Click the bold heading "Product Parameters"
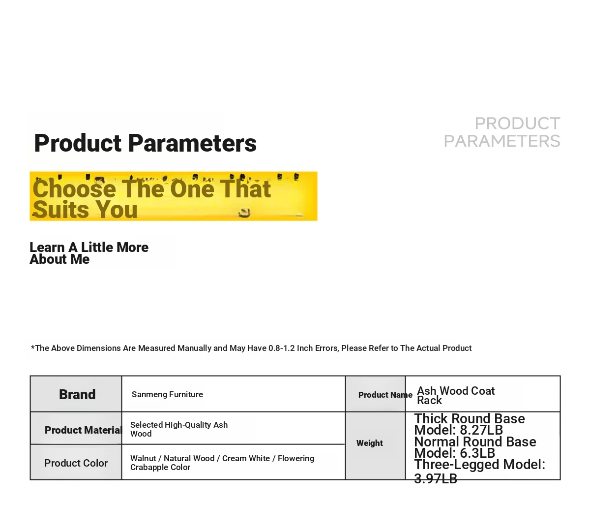point(146,143)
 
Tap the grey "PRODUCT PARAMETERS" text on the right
point(502,132)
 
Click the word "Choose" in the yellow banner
point(75,189)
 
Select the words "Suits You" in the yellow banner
point(85,210)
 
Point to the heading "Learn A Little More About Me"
point(89,253)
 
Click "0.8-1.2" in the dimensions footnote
point(281,348)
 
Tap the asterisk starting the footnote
point(32,347)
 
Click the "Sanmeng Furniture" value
point(167,394)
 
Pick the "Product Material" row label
point(84,430)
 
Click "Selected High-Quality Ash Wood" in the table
point(179,429)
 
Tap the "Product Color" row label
point(76,463)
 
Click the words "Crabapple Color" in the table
point(160,467)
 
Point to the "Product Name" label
point(385,395)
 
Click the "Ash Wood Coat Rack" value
point(456,396)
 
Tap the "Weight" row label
point(370,443)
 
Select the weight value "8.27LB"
point(481,430)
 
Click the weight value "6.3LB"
point(477,453)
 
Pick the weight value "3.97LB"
point(436,479)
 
